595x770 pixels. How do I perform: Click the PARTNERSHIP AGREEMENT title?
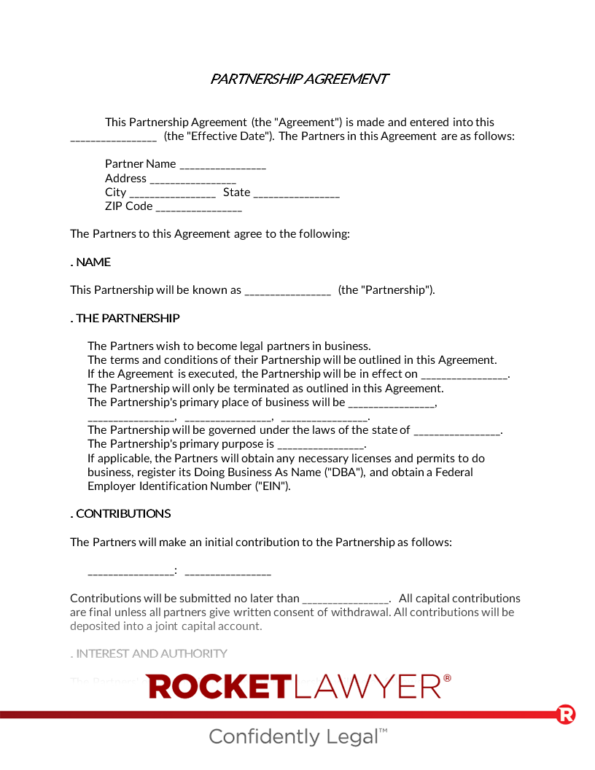click(299, 79)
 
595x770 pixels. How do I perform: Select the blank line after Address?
click(192, 179)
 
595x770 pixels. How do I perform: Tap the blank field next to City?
click(172, 193)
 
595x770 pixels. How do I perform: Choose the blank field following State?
click(296, 193)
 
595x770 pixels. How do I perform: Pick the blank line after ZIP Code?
click(198, 207)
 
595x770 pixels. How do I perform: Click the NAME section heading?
click(93, 262)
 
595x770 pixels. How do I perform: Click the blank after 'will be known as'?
click(287, 291)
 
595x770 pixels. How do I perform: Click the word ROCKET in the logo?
click(219, 686)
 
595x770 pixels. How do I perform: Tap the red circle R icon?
click(566, 714)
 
